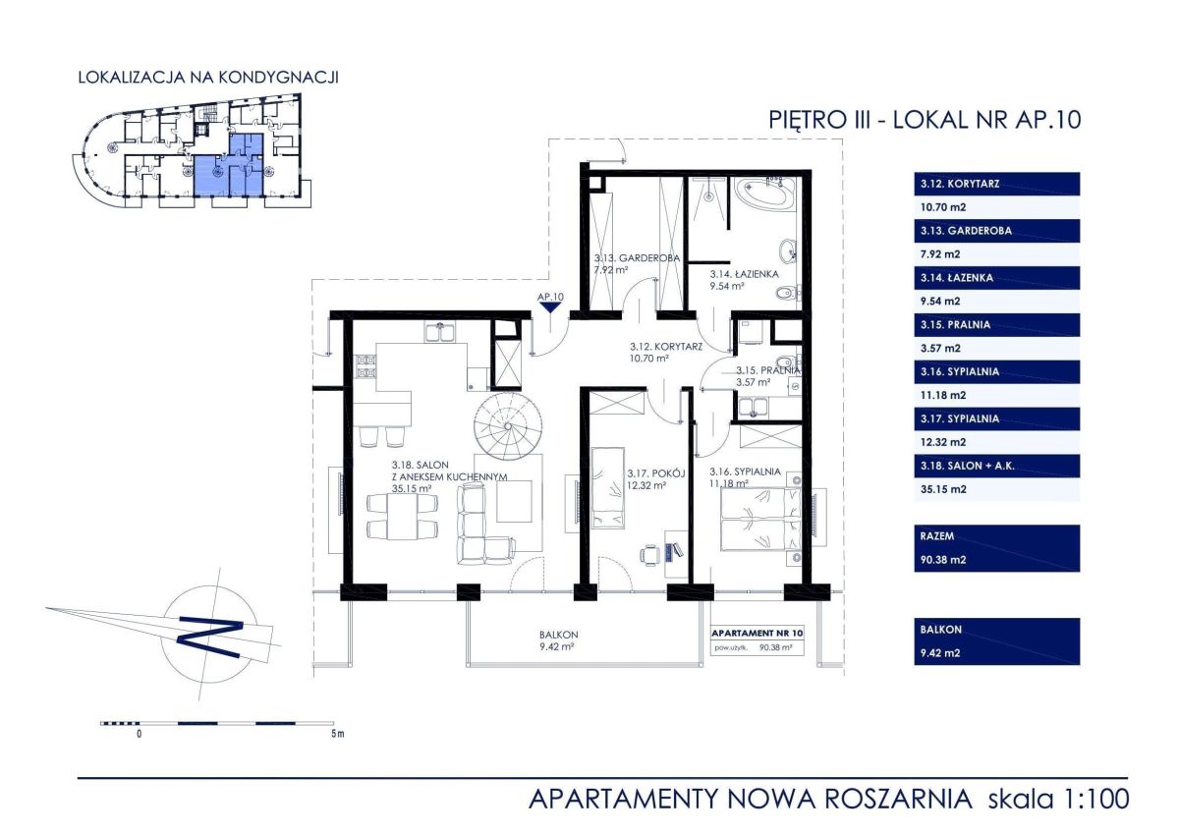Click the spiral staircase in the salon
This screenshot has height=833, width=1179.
point(508,425)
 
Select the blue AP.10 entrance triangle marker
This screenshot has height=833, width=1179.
point(550,307)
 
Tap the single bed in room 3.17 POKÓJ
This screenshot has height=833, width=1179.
point(608,488)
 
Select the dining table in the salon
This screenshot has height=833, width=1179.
point(403,517)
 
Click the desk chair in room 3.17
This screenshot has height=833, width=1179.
point(650,555)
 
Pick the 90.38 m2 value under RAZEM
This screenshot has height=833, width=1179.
point(943,560)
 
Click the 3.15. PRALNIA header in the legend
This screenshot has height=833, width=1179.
point(955,325)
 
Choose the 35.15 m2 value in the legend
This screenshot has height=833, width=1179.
point(943,489)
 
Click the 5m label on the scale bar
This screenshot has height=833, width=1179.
point(337,734)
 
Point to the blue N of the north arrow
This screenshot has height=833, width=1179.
point(210,639)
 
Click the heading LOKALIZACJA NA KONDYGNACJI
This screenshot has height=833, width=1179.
point(208,78)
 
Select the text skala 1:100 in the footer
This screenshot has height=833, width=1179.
point(1058,800)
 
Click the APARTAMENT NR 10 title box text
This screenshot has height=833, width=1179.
point(758,633)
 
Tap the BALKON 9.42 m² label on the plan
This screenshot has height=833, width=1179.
point(558,640)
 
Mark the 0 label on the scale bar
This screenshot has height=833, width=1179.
point(139,734)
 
